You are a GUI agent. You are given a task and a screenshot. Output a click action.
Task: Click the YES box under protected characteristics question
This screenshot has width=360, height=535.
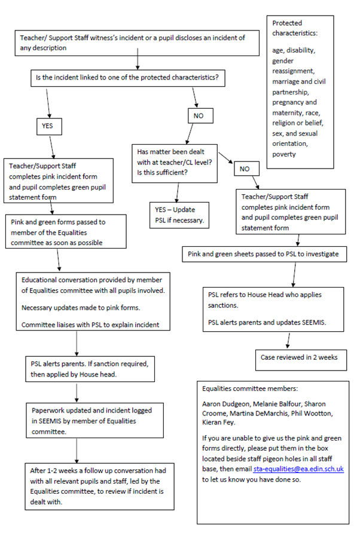48,127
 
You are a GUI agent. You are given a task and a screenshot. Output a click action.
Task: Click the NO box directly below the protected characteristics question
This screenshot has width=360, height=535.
200,115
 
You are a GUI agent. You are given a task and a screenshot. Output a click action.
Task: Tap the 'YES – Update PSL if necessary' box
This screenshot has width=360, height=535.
181,215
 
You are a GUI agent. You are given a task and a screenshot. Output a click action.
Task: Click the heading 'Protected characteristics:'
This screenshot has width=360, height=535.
294,27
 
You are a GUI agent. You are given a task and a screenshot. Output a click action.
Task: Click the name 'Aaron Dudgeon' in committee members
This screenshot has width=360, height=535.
225,405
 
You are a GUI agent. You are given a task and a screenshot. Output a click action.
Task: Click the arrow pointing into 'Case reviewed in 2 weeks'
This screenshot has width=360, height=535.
289,341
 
